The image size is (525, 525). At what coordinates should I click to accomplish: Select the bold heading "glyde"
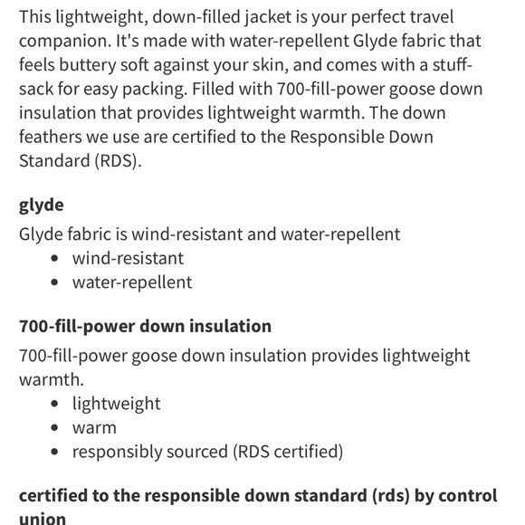(x=42, y=205)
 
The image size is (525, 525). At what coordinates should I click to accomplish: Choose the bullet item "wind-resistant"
(x=128, y=258)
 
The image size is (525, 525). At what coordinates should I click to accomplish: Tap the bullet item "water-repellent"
(x=132, y=282)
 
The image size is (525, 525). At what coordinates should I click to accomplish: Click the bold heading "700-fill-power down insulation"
(x=145, y=326)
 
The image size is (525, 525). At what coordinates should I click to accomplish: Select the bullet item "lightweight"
(x=117, y=403)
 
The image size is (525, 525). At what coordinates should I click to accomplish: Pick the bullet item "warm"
(x=94, y=426)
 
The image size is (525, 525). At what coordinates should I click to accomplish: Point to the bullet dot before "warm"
(x=56, y=427)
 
